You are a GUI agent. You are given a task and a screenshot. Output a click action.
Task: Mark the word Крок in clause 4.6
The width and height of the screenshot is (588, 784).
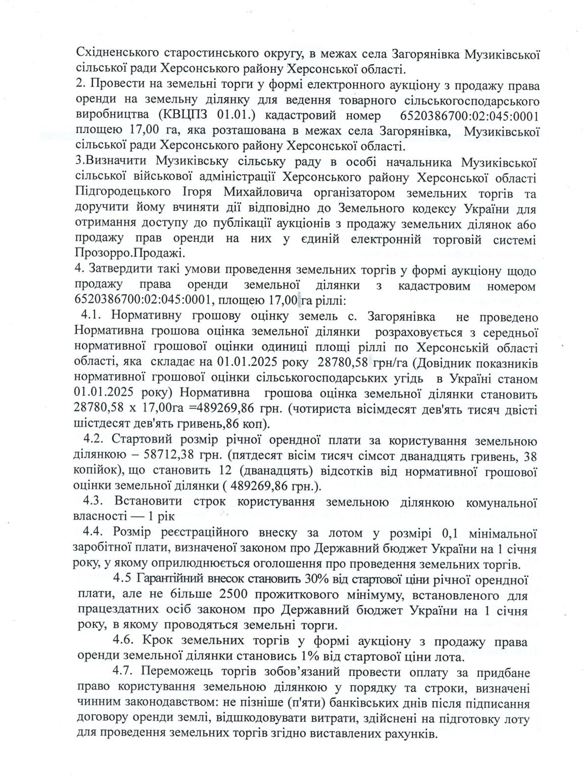158,641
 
